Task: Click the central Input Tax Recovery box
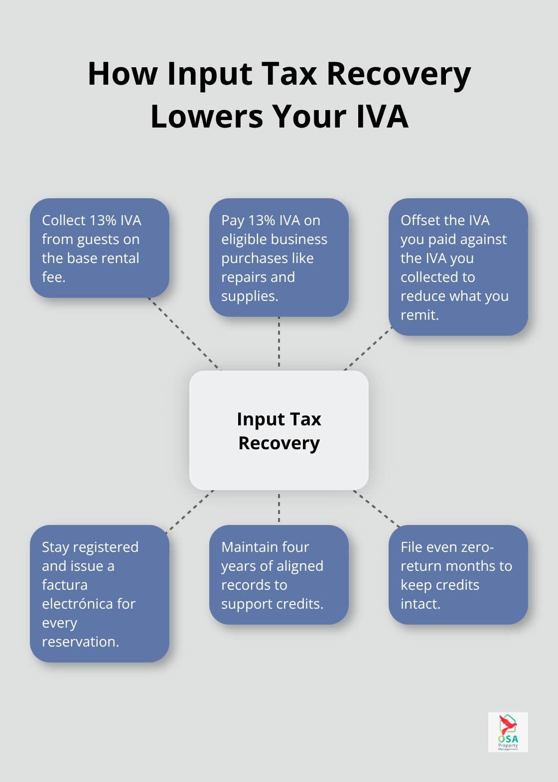279,430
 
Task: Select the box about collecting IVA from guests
100,248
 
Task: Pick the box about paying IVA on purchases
279,258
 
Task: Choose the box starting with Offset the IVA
458,267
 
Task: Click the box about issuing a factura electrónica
100,594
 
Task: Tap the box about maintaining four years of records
279,575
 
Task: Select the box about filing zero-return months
458,575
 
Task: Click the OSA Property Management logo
508,732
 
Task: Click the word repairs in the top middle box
241,277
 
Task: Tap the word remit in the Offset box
418,315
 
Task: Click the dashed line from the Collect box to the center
184,334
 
